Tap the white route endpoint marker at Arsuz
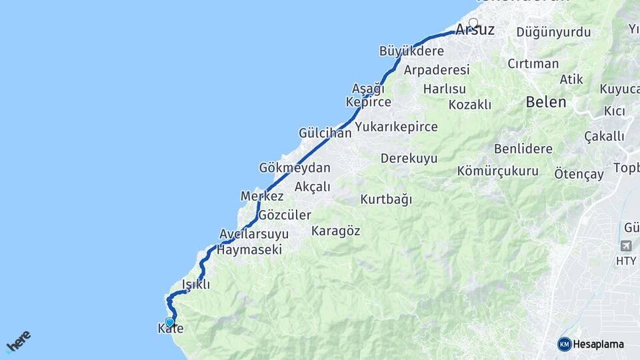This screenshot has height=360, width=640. coord(473,23)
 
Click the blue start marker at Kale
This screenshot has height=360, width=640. coord(170,322)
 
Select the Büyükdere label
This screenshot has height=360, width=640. coord(411,51)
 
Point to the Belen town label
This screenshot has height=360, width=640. coord(546,102)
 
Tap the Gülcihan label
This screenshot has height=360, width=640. coord(325,133)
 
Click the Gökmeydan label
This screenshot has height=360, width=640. coord(295,167)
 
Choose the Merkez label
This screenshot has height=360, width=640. coord(262,197)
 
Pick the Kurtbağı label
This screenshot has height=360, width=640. coord(386,199)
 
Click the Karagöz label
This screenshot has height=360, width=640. coord(335,231)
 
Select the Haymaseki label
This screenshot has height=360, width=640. coord(249,250)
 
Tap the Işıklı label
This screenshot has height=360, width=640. coord(196,285)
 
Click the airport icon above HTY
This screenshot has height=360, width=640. coord(626,246)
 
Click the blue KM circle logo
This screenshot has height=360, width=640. coord(564,344)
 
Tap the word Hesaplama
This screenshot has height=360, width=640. coord(598,345)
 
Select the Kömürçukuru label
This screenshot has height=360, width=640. coord(497,171)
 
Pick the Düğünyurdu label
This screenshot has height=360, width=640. coord(545,32)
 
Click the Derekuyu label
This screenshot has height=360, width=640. coord(409,159)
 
